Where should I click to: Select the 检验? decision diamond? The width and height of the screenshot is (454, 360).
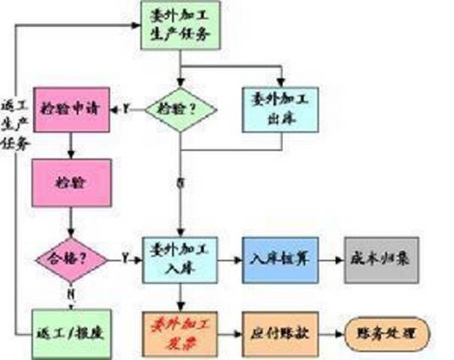tap(181, 109)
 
